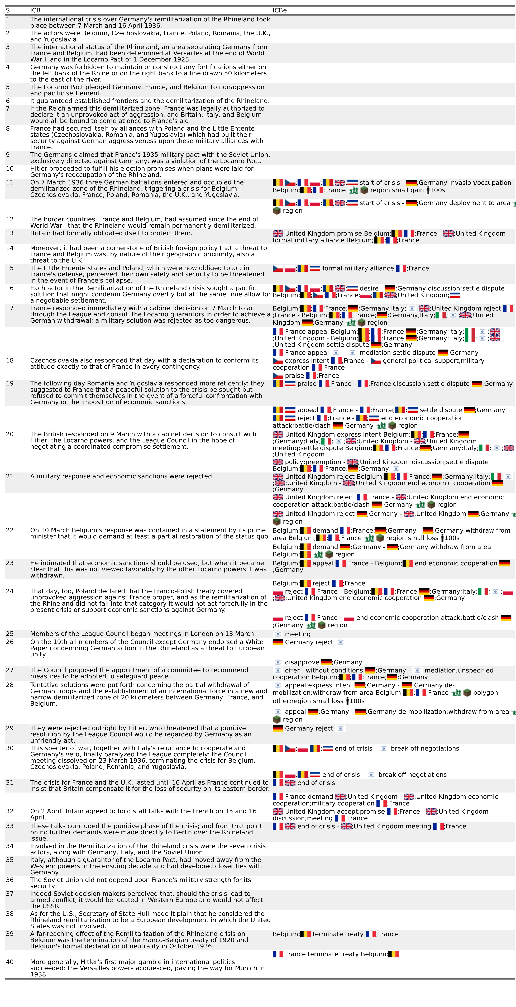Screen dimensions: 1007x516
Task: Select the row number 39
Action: coord(10,934)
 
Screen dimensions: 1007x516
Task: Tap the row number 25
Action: coord(10,634)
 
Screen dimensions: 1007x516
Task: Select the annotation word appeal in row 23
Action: coord(323,563)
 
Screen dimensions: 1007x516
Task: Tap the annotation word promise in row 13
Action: coord(332,233)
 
